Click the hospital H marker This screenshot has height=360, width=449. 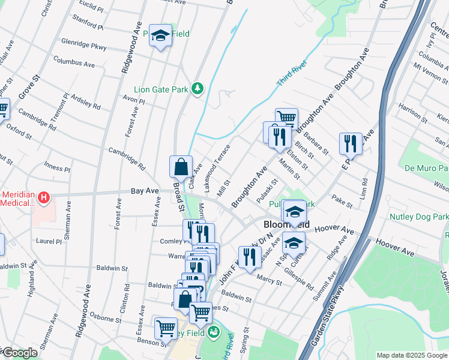pos(44,197)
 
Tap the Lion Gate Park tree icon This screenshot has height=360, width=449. pos(197,89)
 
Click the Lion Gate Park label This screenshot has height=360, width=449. pos(161,89)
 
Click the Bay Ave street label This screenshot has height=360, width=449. pos(145,191)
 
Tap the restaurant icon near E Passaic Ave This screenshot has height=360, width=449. pos(351,143)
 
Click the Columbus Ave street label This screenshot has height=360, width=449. pos(74,62)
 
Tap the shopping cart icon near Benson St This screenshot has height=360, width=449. pos(166,328)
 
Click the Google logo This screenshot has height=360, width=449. pos(19,353)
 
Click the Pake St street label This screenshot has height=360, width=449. pos(342,200)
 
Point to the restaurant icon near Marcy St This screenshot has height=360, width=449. pos(249,257)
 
